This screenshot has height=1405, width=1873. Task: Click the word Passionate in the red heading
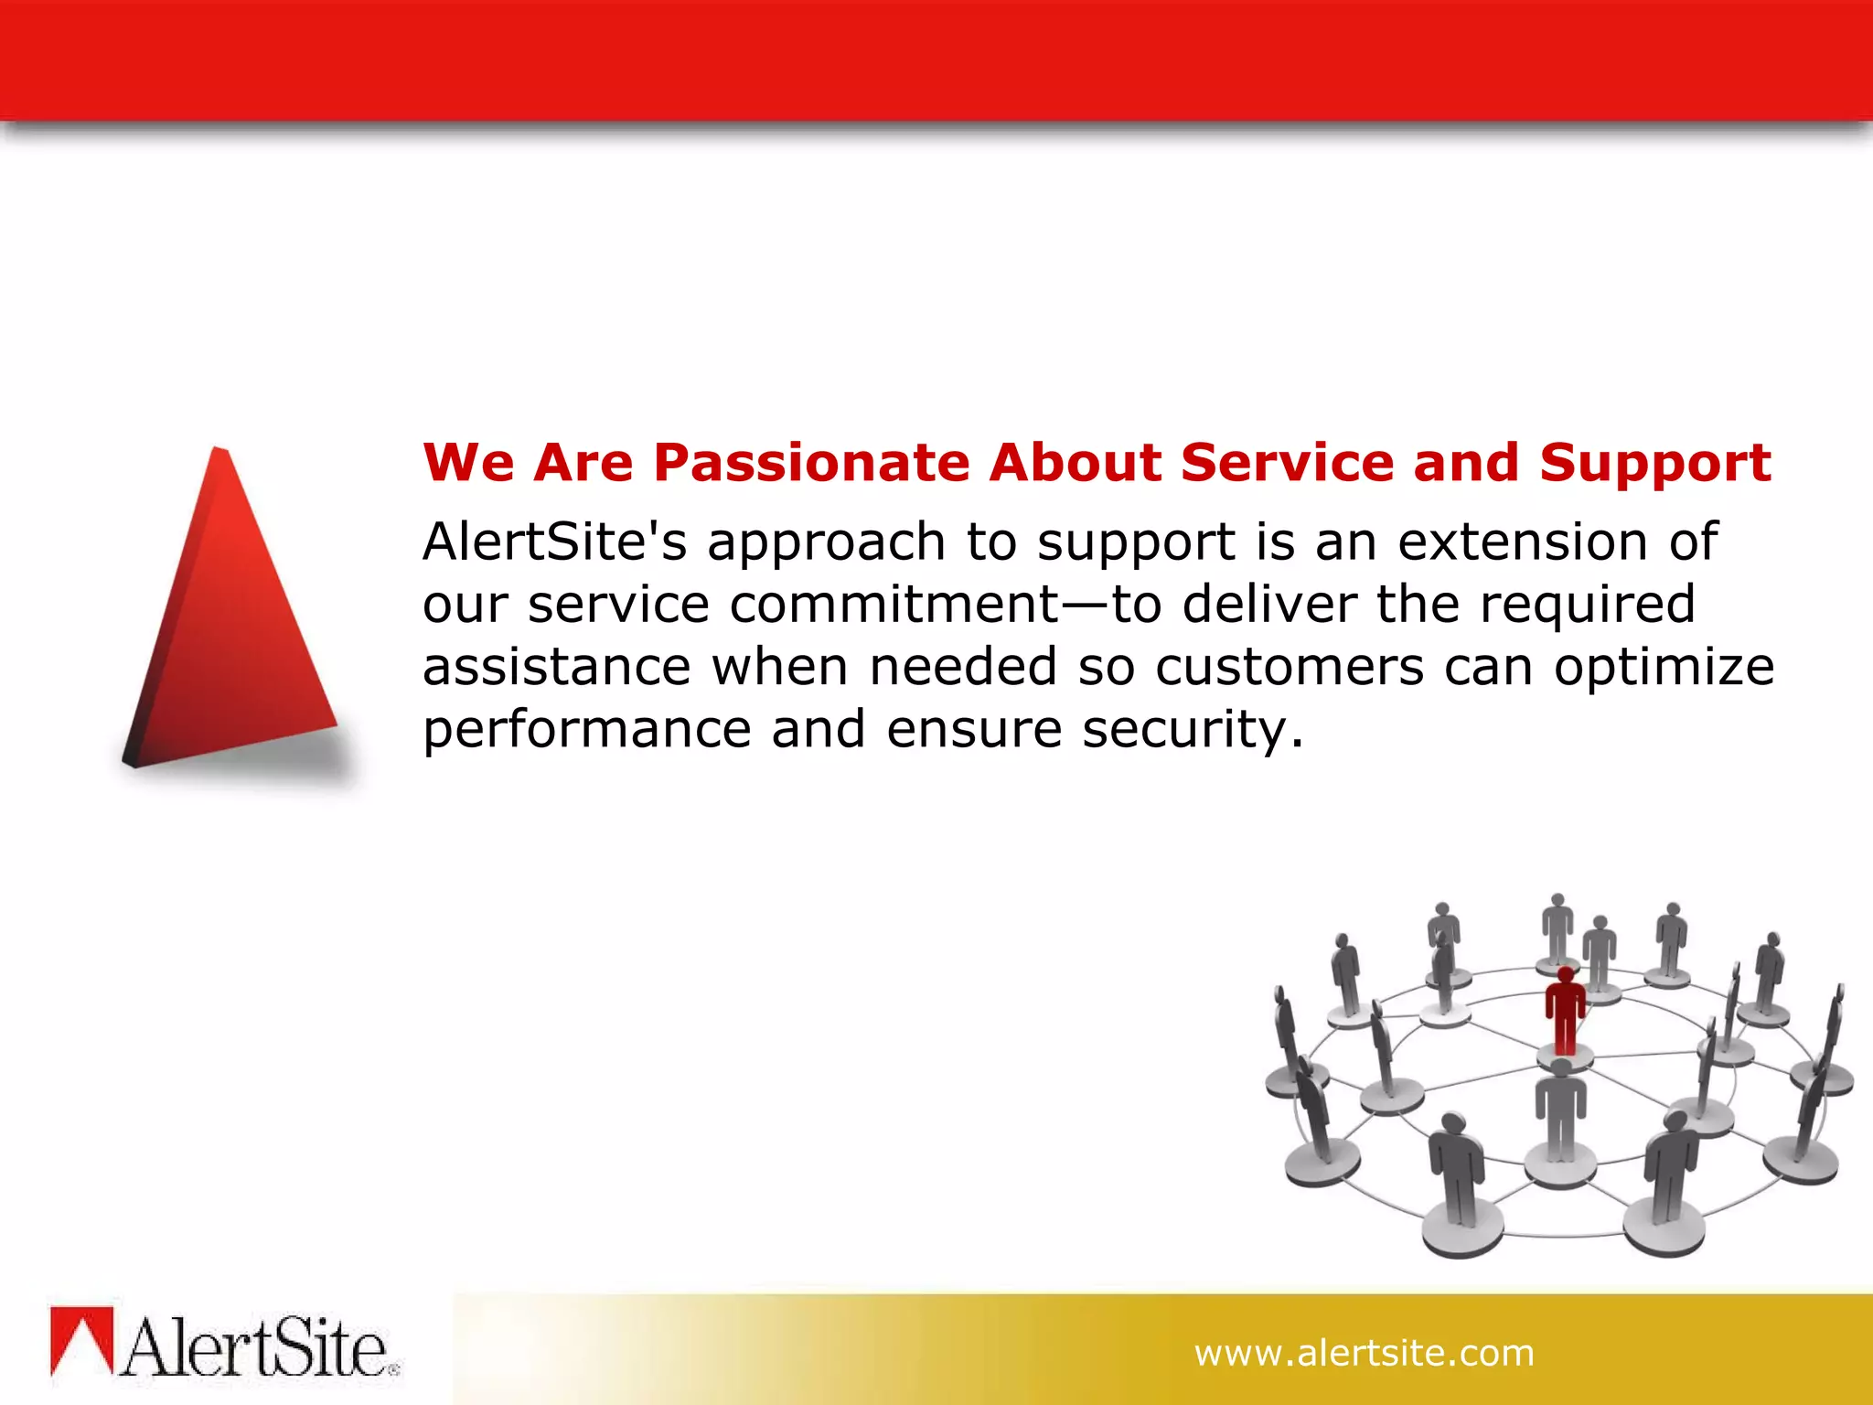coord(811,463)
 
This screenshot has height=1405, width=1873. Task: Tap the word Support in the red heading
coord(1654,463)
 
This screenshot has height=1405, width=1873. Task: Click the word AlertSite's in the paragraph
coord(554,542)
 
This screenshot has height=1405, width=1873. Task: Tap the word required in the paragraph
coord(1588,605)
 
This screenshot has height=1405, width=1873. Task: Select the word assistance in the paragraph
coord(556,667)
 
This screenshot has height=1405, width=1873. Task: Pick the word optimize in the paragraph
coord(1664,667)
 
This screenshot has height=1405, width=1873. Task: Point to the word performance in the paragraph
coord(586,730)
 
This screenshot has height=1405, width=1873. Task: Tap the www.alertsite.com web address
coord(1364,1353)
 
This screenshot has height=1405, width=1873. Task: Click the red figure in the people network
coord(1565,1011)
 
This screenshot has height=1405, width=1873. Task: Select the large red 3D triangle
coord(233,631)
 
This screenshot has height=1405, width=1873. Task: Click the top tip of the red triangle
coord(219,452)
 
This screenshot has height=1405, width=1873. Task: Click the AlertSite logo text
coord(256,1348)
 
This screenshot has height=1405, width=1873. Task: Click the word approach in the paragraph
coord(826,542)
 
